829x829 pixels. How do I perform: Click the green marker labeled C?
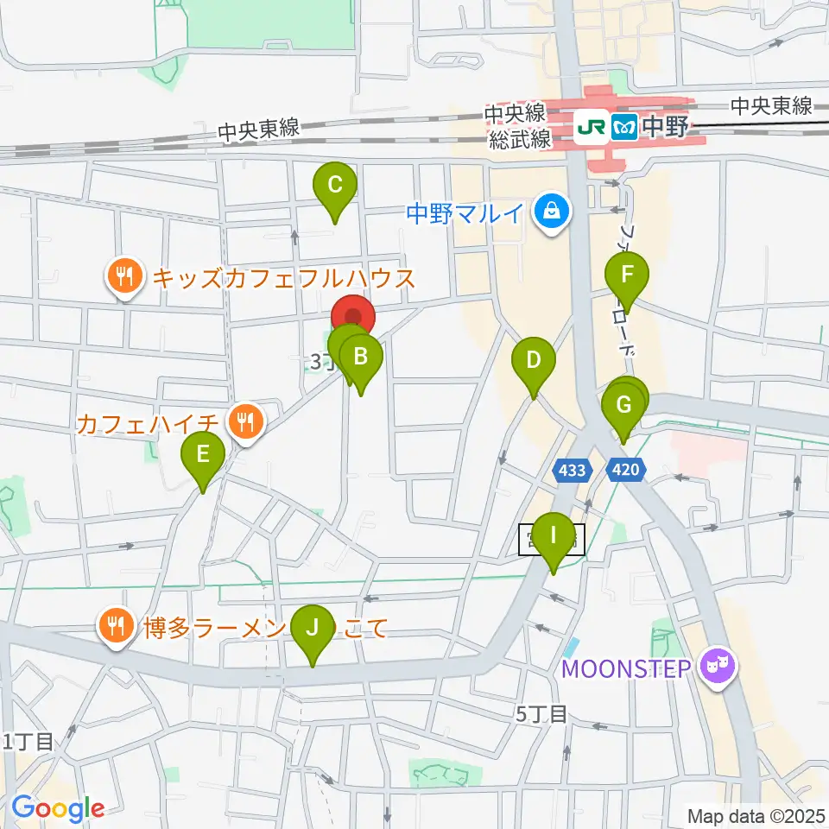point(335,185)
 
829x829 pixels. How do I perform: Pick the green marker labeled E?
point(203,454)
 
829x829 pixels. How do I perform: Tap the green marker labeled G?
point(623,404)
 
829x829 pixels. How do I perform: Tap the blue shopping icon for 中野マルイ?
point(550,211)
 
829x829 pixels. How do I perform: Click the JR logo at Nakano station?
point(594,129)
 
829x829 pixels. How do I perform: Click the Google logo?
point(57,808)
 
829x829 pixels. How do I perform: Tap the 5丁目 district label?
point(541,714)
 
